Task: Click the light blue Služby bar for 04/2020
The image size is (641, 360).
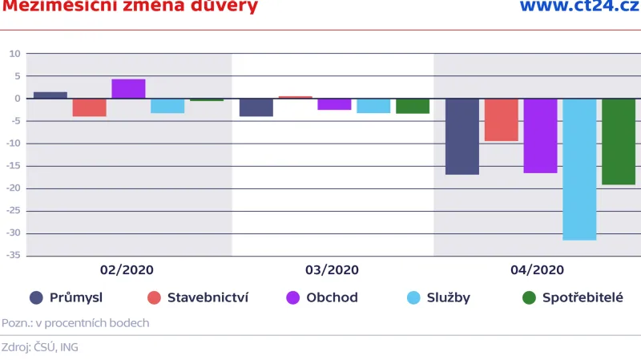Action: click(x=579, y=169)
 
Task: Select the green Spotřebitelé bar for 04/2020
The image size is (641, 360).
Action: click(x=619, y=141)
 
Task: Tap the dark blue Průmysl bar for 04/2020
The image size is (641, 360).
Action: click(x=462, y=136)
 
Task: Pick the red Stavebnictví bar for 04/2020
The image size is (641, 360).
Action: click(x=501, y=119)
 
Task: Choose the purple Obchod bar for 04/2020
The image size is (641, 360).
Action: click(x=540, y=136)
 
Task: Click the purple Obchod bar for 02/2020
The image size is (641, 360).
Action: click(x=128, y=89)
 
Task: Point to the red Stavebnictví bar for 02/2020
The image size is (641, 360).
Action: click(x=89, y=107)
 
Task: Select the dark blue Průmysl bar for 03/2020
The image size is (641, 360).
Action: click(x=256, y=107)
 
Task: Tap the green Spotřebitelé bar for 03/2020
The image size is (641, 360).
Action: click(x=413, y=106)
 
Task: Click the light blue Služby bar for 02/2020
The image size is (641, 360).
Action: click(x=167, y=106)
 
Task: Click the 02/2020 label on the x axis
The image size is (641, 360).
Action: click(x=127, y=270)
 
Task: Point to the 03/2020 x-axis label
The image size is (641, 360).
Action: click(x=333, y=270)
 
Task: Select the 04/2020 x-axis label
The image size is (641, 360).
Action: click(x=537, y=270)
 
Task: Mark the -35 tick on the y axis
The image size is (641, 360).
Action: click(x=14, y=257)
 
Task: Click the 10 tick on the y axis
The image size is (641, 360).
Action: click(x=15, y=54)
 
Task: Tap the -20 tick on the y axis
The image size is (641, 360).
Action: click(x=14, y=188)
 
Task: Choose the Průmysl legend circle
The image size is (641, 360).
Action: click(x=36, y=298)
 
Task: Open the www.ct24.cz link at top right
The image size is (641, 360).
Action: click(x=580, y=7)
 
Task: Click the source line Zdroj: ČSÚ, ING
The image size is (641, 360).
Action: click(x=39, y=347)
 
